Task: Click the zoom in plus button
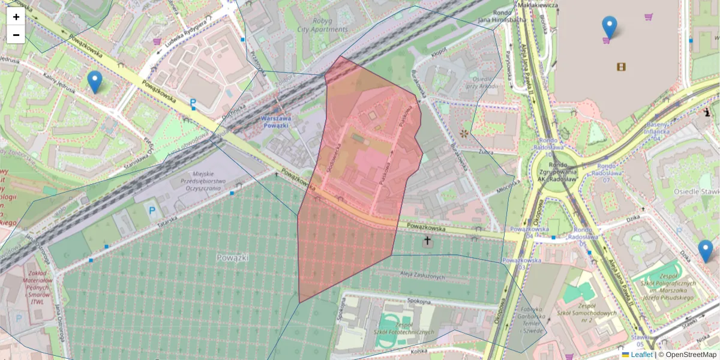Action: coord(16,17)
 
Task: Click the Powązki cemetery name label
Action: coord(232,257)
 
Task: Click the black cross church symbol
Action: coord(427,242)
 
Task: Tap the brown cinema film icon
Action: coord(621,67)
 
